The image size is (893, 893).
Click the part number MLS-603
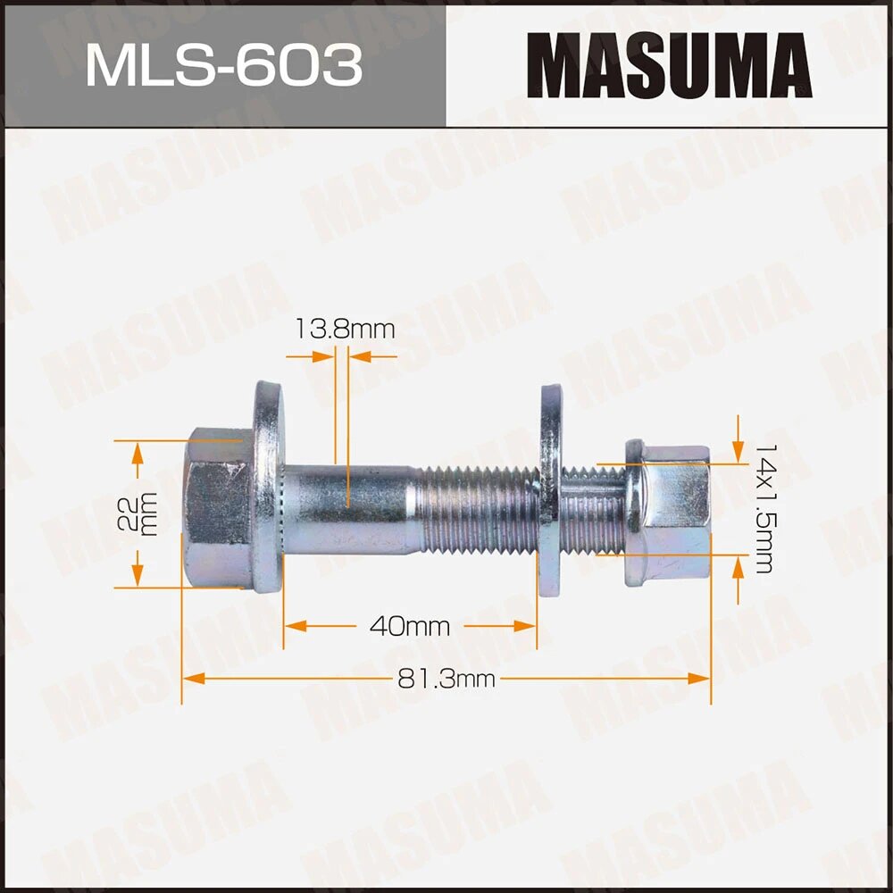pyautogui.click(x=223, y=64)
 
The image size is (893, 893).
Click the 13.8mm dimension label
pyautogui.click(x=344, y=330)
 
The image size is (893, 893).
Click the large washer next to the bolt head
pyautogui.click(x=266, y=487)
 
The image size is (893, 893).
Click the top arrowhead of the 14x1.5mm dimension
pyautogui.click(x=738, y=451)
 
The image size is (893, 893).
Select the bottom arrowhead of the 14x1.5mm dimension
pyautogui.click(x=738, y=568)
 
